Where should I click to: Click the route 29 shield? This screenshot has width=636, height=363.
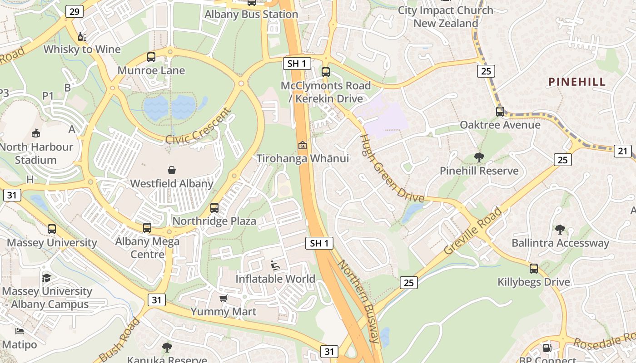74,11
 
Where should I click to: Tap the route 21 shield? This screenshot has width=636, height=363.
623,151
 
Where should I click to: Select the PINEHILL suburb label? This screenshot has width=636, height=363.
577,82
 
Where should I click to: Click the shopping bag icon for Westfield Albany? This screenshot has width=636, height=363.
172,170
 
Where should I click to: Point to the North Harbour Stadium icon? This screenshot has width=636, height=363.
36,133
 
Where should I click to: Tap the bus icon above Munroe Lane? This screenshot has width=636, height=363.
151,57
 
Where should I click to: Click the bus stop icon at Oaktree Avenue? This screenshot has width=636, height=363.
500,111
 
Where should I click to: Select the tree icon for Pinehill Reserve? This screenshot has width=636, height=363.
479,157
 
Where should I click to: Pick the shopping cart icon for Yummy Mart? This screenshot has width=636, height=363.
223,298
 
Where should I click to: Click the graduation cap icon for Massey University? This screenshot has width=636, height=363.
46,278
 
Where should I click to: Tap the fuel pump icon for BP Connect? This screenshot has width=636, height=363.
547,348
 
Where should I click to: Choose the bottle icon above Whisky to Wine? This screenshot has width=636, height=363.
82,36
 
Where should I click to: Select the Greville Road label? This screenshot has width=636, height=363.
473,231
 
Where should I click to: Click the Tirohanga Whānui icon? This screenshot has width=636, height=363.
302,145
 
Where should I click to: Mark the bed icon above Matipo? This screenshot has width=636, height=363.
19,331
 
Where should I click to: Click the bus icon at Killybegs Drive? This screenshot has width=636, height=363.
534,268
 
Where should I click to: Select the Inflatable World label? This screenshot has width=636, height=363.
275,279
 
